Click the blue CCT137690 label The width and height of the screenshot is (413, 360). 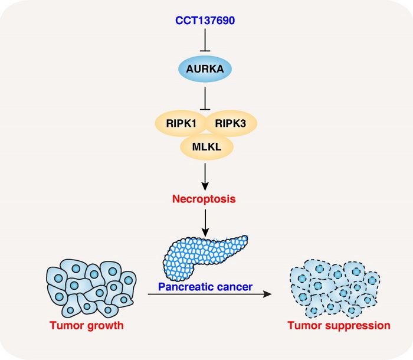tap(205, 21)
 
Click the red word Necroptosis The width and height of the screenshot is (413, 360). tap(204, 199)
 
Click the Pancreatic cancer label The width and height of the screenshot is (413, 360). tap(205, 287)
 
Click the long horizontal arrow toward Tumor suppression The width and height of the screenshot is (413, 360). tap(212, 294)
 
